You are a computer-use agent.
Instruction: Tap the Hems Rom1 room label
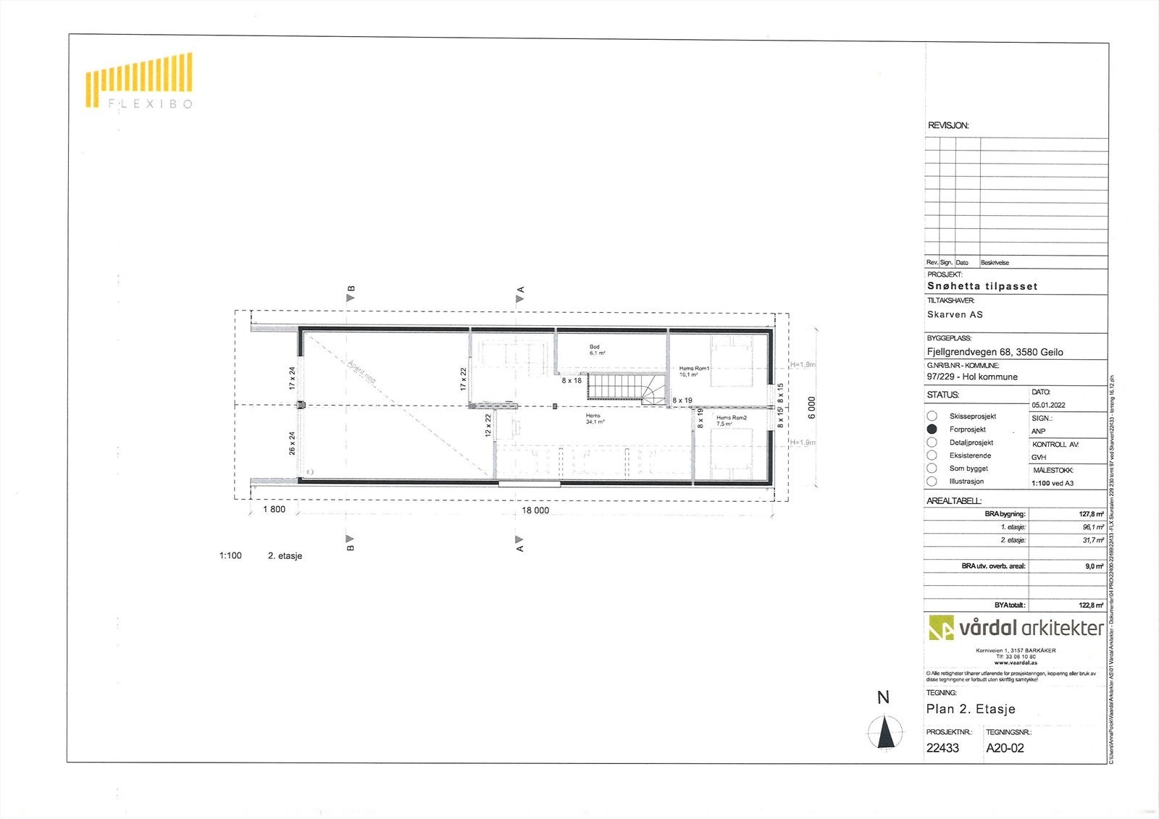[x=693, y=371]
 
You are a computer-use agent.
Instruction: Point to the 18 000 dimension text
[x=535, y=510]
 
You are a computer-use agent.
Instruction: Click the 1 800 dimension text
[x=274, y=509]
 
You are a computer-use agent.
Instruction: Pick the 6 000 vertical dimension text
[x=811, y=407]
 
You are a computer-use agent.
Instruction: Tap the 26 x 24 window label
[x=292, y=443]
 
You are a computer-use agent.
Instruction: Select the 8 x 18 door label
[x=571, y=380]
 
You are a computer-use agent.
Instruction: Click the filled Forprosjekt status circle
[x=932, y=429]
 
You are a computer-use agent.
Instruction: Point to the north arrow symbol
[x=884, y=731]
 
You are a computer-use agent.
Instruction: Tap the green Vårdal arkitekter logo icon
[x=941, y=627]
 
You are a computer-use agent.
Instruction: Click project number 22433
[x=942, y=748]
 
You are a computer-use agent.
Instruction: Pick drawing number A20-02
[x=1005, y=748]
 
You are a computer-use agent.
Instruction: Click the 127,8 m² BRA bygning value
[x=1091, y=514]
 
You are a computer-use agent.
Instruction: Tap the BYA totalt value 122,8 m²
[x=1091, y=605]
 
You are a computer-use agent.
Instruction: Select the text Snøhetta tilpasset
[x=982, y=286]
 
